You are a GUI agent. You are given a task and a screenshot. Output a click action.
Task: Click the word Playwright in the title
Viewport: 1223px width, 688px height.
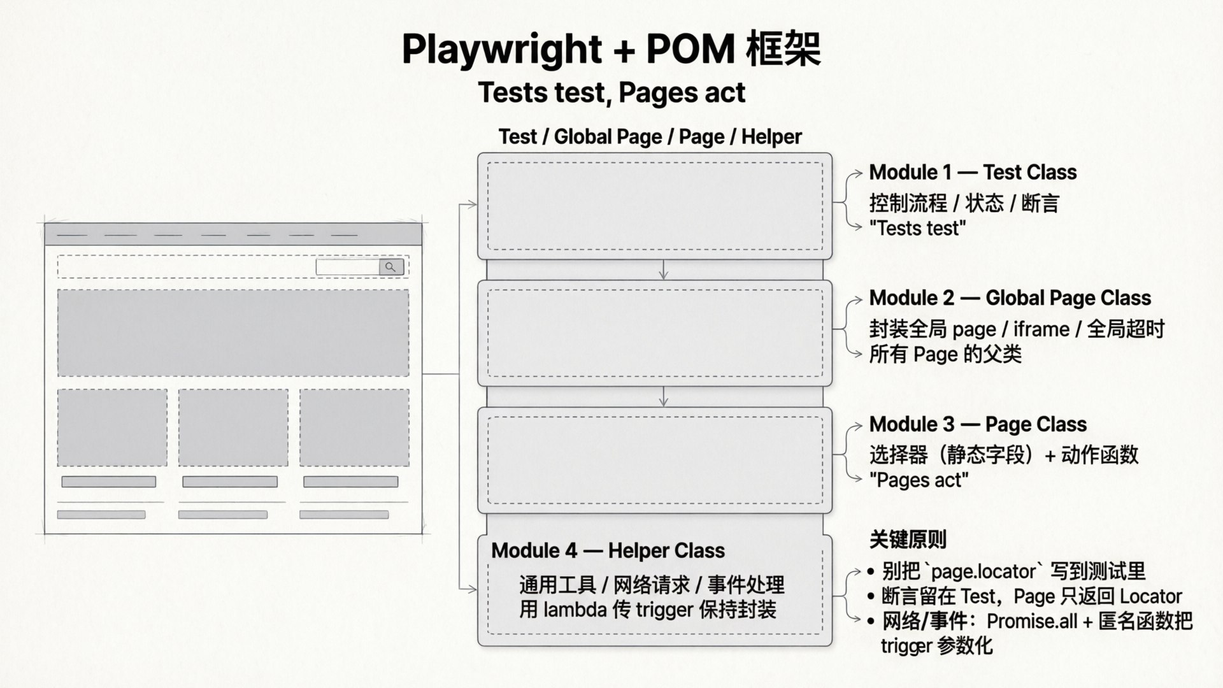coord(502,50)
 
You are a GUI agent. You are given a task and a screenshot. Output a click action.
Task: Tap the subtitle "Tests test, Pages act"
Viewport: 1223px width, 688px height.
coord(611,92)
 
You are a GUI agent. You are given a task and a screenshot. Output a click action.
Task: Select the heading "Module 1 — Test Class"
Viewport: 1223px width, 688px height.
coord(973,172)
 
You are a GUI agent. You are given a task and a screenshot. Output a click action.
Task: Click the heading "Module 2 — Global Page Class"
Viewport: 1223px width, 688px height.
coord(1010,298)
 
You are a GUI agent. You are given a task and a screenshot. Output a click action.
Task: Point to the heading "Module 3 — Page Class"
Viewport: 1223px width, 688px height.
coord(978,424)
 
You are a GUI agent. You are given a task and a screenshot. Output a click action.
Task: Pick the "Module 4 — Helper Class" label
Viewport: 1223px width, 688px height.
coord(608,550)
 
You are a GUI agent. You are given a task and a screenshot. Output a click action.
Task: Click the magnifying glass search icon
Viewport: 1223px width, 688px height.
coord(391,267)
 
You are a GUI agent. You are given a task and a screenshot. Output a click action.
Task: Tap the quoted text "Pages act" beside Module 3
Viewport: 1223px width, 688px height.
coord(919,480)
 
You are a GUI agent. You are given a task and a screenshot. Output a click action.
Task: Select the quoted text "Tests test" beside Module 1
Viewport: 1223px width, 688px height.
coord(917,228)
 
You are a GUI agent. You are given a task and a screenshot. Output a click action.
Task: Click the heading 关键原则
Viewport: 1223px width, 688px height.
coord(908,540)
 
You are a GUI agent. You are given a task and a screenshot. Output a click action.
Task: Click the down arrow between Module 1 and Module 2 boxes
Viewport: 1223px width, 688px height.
coord(664,270)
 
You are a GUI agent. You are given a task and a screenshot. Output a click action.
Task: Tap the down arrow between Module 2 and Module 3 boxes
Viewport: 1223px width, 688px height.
coord(664,397)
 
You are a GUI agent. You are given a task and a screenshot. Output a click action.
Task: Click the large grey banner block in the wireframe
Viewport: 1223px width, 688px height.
coord(233,333)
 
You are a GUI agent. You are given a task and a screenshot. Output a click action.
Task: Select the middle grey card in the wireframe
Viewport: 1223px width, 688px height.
coord(233,427)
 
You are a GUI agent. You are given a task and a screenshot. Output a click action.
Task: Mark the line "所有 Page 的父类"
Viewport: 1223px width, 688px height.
coord(945,354)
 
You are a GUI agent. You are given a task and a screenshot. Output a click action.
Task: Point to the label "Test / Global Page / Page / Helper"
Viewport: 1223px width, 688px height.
coord(650,136)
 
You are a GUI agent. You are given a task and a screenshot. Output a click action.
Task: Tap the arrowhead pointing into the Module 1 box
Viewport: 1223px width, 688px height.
coord(472,204)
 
